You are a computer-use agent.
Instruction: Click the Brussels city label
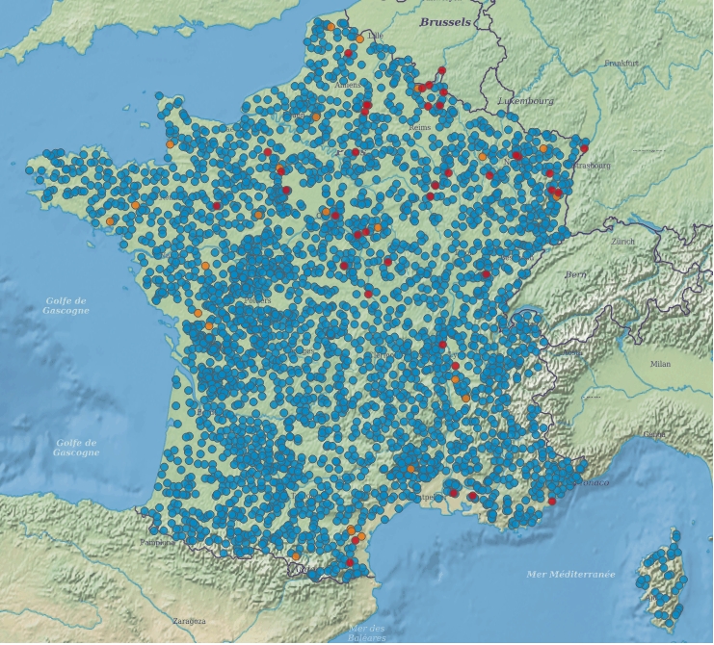pyautogui.click(x=445, y=21)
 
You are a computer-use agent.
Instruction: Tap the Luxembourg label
pyautogui.click(x=526, y=100)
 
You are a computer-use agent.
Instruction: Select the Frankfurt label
pyautogui.click(x=621, y=63)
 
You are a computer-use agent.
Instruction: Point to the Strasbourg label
pyautogui.click(x=592, y=165)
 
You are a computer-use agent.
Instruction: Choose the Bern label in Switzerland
pyautogui.click(x=575, y=275)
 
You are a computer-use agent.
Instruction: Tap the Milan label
pyautogui.click(x=660, y=364)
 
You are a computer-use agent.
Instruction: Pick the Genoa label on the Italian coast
pyautogui.click(x=654, y=434)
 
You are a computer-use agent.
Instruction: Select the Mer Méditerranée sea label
pyautogui.click(x=570, y=574)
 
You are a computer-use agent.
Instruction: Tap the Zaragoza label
pyautogui.click(x=189, y=621)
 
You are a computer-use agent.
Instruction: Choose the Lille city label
pyautogui.click(x=375, y=36)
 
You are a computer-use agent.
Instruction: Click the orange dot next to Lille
pyautogui.click(x=360, y=39)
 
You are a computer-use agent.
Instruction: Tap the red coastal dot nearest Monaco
pyautogui.click(x=552, y=501)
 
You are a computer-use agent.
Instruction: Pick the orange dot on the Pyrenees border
pyautogui.click(x=296, y=555)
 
